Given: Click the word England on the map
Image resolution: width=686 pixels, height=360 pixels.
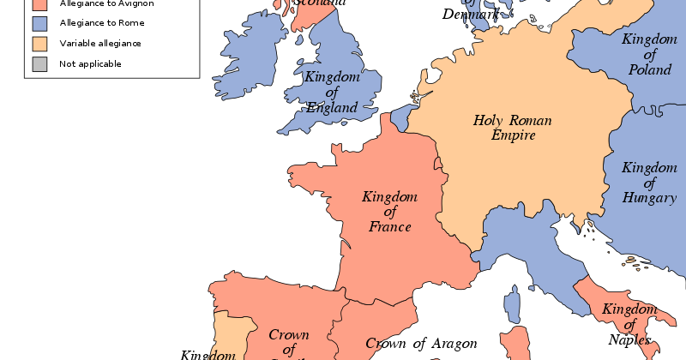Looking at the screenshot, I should coord(333,108).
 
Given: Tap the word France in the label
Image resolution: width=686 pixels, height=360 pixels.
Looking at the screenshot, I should coord(390,227).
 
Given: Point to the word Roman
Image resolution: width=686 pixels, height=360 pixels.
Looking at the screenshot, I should coord(530,121).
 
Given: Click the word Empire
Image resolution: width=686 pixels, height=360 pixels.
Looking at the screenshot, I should coord(513,135).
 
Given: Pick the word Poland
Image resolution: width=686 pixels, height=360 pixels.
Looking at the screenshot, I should coord(649,69).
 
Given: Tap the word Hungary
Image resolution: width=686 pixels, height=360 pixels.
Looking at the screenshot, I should coord(651,199).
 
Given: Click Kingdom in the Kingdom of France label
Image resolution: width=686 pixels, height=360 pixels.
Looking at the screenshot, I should coord(389,197).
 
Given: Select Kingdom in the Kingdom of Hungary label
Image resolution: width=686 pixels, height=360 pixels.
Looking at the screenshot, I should coord(649,167).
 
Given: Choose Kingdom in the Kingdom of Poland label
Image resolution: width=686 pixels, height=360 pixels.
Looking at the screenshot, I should coord(649,39).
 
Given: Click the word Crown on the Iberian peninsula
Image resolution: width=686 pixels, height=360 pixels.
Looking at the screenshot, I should coord(289,335).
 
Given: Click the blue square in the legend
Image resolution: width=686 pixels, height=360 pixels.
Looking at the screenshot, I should coord(39,23).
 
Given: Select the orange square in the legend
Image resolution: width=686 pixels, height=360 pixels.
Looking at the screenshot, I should coord(39,44).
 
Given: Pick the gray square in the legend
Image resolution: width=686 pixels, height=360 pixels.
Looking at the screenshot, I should coord(39,64).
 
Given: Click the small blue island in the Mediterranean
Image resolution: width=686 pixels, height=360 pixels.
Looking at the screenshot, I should coord(513,305).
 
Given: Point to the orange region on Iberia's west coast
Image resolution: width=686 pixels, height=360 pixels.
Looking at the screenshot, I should coord(226,334).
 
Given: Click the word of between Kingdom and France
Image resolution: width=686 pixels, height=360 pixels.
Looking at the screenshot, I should coord(390,213).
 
